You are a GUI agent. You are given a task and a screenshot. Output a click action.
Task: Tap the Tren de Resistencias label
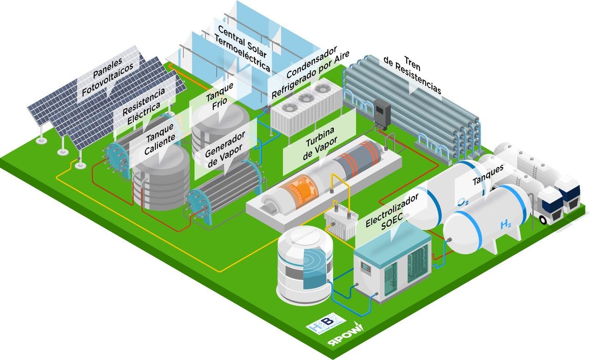click(412, 76)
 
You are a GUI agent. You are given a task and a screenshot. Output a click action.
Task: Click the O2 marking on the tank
click(464, 201)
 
